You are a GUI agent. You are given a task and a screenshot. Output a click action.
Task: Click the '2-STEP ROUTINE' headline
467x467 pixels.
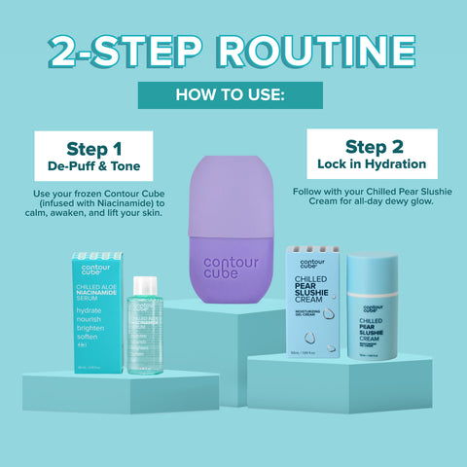[x=233, y=51]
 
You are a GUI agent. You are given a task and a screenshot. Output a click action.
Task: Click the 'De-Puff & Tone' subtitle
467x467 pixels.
[x=94, y=168]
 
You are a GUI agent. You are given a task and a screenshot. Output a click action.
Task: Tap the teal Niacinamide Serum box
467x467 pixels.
[x=94, y=314]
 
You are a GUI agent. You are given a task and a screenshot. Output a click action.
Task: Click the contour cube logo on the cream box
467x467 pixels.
[x=312, y=265]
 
